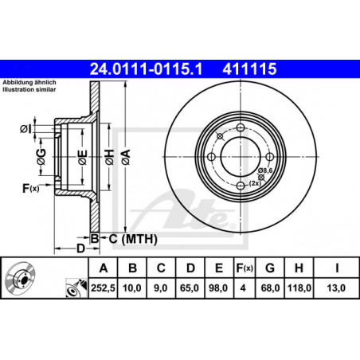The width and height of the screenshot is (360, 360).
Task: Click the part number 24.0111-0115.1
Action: pyautogui.click(x=146, y=68)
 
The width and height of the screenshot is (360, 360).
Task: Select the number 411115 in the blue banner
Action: pyautogui.click(x=249, y=68)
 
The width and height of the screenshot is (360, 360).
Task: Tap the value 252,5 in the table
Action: pyautogui.click(x=103, y=288)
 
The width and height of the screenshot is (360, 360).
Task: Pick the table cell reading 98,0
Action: pyautogui.click(x=218, y=288)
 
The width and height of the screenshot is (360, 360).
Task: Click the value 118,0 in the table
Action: pyautogui.click(x=299, y=288)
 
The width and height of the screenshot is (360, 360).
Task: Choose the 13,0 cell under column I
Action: pyautogui.click(x=336, y=288)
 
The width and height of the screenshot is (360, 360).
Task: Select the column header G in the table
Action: pyautogui.click(x=270, y=268)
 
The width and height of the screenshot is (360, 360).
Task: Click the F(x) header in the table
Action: pyautogui.click(x=245, y=268)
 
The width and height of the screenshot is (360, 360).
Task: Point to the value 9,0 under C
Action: pyautogui.click(x=161, y=288)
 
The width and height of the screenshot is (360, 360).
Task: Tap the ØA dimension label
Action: pyautogui.click(x=126, y=157)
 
